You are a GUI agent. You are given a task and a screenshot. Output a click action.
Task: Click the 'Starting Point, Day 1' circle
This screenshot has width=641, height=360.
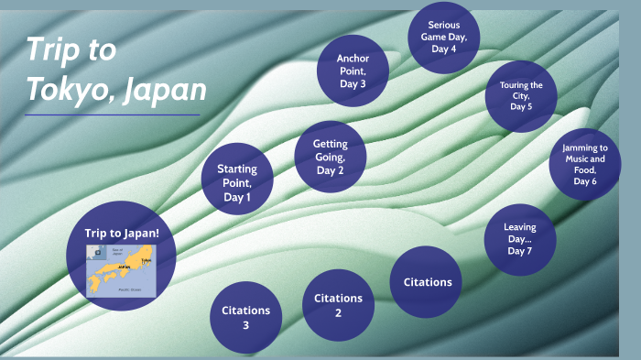237,179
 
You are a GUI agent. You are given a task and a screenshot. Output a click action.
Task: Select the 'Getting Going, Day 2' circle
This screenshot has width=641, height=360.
331,156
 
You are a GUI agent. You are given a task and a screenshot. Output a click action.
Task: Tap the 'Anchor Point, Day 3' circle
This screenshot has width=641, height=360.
353,71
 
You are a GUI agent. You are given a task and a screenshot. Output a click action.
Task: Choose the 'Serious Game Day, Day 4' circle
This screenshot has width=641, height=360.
442,37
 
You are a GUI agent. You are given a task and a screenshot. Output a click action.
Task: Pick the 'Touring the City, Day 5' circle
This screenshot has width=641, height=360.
521,95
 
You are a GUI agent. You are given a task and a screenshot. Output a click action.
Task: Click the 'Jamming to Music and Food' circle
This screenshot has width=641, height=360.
584,164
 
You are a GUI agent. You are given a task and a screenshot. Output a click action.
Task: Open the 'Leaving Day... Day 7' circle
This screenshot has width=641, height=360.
519,239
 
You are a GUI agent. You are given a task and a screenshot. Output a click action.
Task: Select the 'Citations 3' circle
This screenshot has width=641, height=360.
245,316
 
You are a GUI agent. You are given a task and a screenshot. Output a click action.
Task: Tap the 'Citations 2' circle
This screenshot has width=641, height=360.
338,304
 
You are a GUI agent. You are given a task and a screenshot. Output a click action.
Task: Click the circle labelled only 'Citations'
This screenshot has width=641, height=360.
428,281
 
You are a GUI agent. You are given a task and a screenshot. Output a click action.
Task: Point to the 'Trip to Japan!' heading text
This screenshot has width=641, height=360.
122,234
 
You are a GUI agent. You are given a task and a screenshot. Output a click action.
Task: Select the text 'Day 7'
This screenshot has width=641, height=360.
519,251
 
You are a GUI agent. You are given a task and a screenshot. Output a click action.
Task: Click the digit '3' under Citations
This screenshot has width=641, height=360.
245,325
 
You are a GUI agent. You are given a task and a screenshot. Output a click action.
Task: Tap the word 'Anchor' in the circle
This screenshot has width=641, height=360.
353,59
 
